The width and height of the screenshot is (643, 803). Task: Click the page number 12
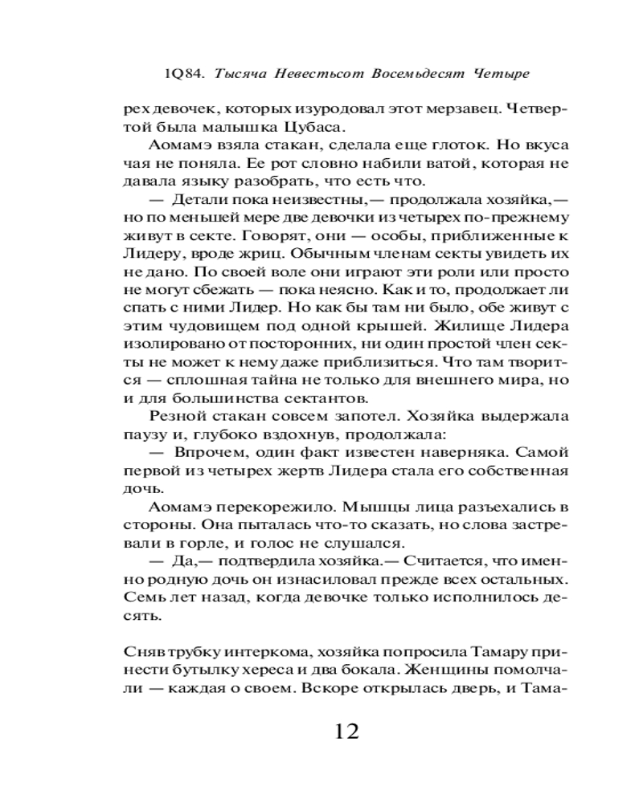340,731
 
